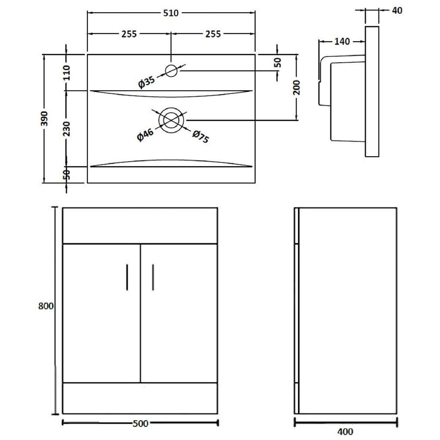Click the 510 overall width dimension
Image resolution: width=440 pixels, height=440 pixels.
pyautogui.click(x=171, y=13)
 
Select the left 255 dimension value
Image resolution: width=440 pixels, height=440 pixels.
pyautogui.click(x=129, y=34)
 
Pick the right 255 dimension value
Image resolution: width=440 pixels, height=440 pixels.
pyautogui.click(x=213, y=34)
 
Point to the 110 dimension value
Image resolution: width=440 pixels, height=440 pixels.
pyautogui.click(x=66, y=72)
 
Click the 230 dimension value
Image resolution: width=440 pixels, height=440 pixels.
pyautogui.click(x=66, y=128)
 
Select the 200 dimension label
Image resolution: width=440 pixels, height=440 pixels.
pyautogui.click(x=296, y=87)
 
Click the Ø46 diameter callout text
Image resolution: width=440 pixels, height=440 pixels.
pyautogui.click(x=146, y=134)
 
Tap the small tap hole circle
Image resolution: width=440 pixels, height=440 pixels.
pyautogui.click(x=172, y=70)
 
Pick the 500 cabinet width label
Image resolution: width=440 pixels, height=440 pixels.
pyautogui.click(x=140, y=423)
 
